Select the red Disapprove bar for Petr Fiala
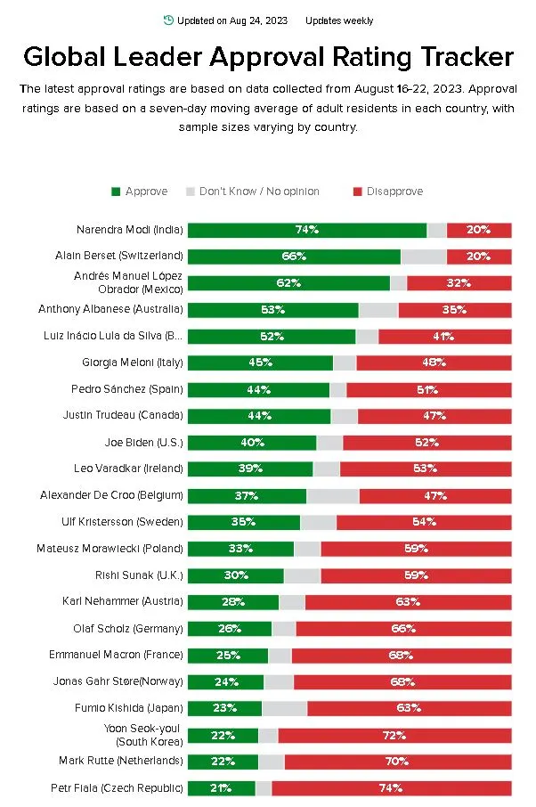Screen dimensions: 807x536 (392, 788)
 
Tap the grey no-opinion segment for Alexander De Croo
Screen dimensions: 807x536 (333, 495)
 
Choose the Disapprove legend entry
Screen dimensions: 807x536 (388, 192)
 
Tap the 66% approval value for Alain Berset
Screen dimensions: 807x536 (295, 257)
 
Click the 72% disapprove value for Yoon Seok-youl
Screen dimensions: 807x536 (394, 735)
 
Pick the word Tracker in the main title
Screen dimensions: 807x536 (467, 57)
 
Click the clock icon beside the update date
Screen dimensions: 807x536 (169, 20)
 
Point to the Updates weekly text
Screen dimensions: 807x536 (339, 20)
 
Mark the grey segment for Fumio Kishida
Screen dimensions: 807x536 (285, 708)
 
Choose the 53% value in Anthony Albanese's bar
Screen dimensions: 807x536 (272, 310)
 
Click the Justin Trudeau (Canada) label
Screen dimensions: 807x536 (123, 415)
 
